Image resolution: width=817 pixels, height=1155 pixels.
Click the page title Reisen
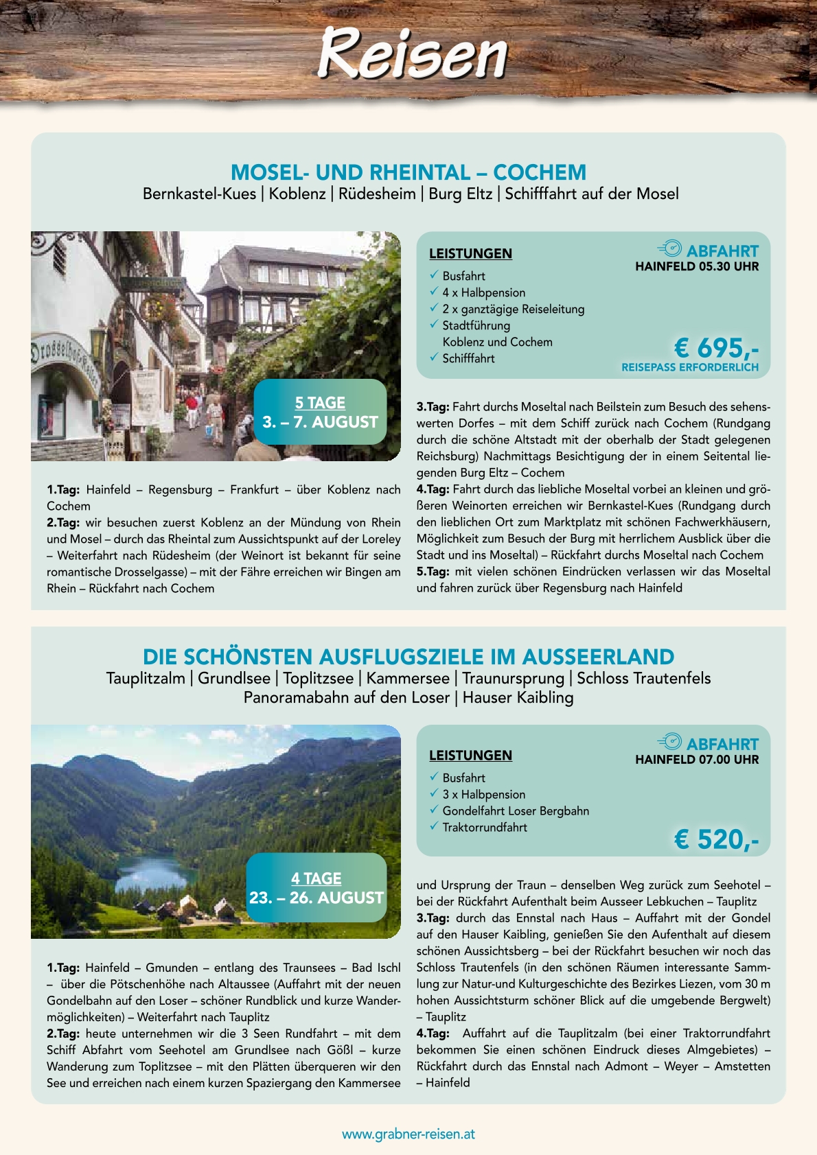(412, 54)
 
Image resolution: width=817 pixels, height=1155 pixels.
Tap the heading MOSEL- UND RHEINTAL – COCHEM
(408, 172)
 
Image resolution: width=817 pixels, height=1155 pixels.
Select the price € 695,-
(716, 348)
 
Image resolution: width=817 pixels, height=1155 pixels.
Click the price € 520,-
(716, 839)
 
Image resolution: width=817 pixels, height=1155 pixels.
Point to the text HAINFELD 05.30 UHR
(697, 266)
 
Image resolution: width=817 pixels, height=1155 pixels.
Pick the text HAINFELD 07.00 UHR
(697, 759)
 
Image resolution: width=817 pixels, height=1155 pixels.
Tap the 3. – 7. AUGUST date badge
(320, 421)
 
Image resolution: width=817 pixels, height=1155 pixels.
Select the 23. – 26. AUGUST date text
(317, 898)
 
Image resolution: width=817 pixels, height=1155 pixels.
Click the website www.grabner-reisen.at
(408, 1134)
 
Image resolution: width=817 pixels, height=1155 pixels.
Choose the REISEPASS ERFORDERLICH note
(690, 367)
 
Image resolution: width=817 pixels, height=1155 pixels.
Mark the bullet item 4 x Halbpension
(483, 292)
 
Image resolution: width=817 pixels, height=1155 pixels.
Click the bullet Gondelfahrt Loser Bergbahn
(516, 810)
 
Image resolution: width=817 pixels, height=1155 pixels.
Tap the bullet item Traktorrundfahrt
(485, 827)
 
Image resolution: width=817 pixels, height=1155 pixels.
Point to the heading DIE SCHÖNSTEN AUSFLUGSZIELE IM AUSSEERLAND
(408, 657)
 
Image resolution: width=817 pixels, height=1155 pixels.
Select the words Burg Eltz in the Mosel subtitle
(460, 194)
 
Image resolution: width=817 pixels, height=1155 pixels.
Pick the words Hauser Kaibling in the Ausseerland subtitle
(518, 697)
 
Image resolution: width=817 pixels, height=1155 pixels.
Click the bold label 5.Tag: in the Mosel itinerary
(433, 571)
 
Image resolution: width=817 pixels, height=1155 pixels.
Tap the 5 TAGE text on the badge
(320, 403)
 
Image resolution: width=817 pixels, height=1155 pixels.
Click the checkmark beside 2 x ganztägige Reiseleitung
(434, 308)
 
